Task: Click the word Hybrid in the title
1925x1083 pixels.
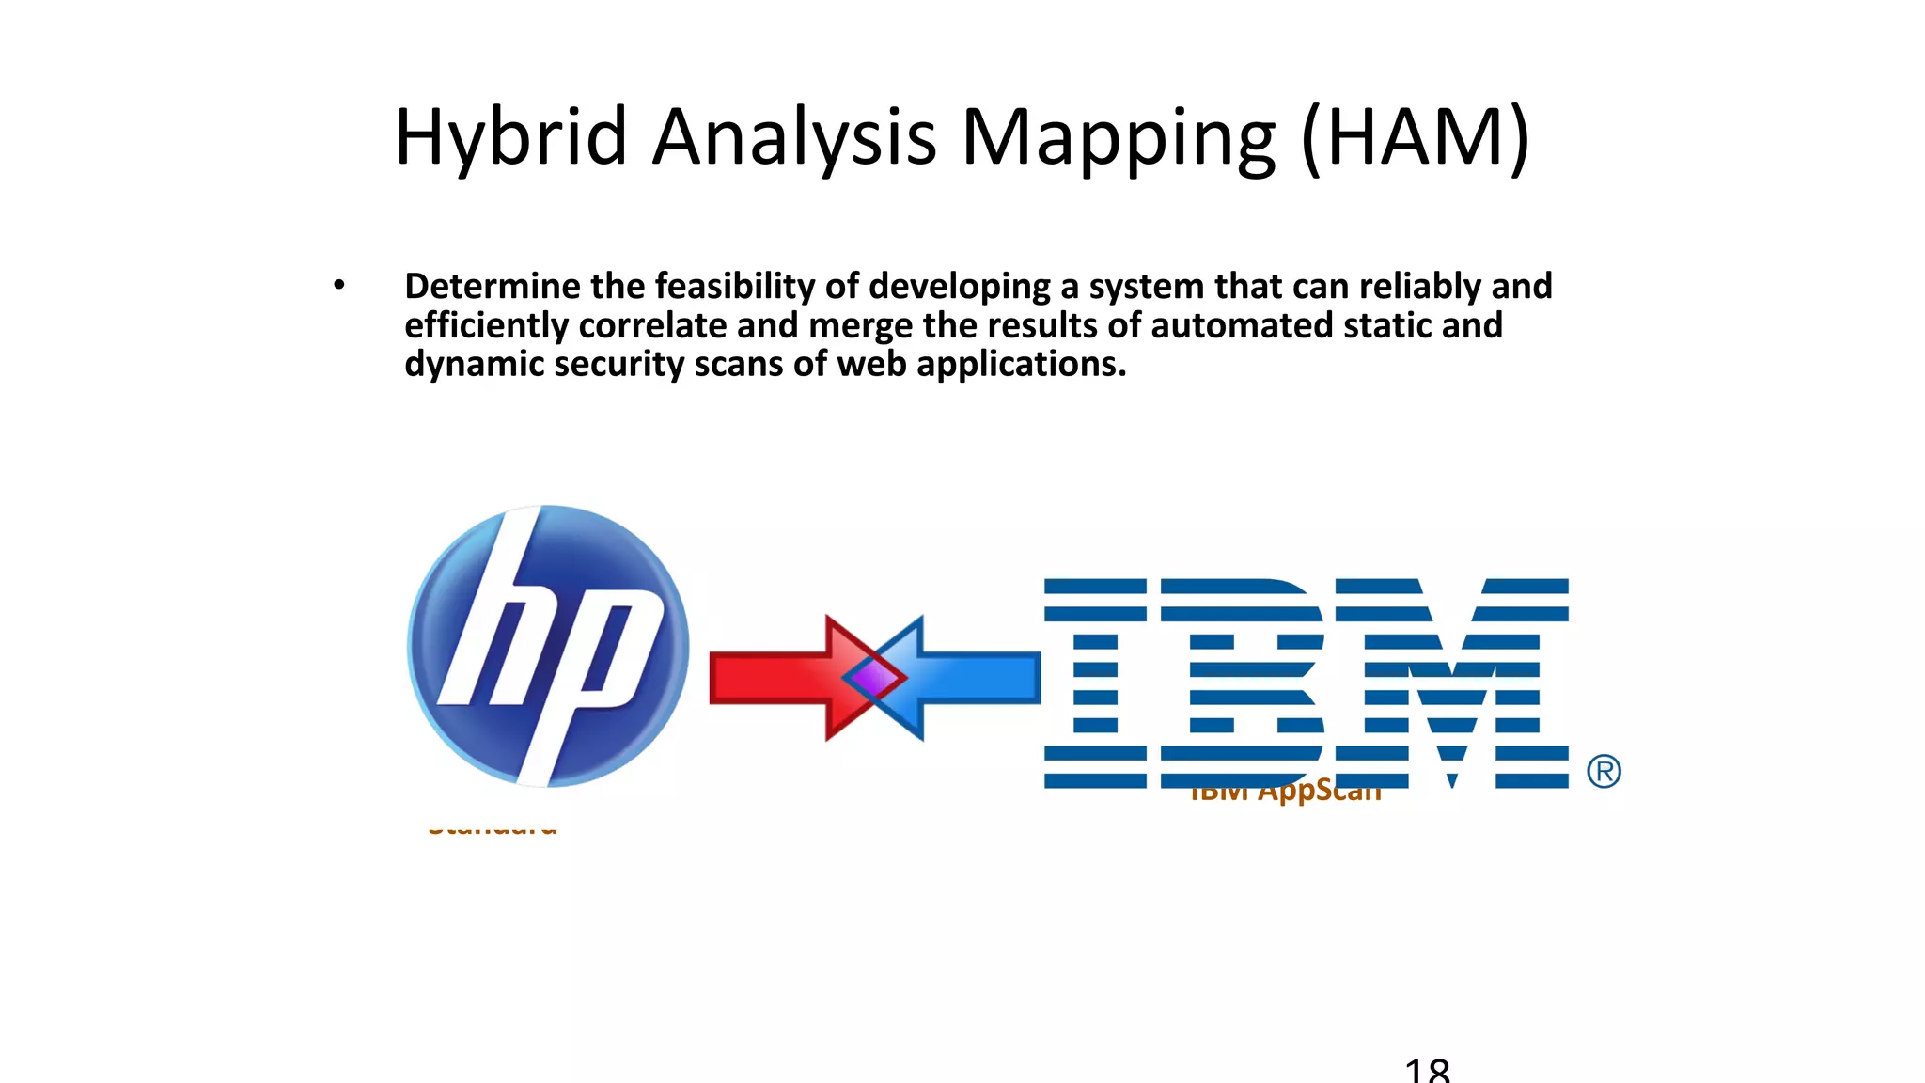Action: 510,138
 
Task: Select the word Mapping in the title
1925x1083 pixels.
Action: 1119,138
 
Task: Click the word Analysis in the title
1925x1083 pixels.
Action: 794,138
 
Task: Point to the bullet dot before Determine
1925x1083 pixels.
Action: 339,285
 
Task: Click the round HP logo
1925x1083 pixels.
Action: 548,646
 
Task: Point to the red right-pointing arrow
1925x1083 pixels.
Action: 771,678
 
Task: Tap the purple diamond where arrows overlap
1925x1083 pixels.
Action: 874,678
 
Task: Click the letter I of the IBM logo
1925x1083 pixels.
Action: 1095,683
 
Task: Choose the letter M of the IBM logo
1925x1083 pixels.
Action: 1452,683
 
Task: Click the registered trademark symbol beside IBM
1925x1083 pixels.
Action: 1604,772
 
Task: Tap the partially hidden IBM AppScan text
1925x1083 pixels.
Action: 1285,794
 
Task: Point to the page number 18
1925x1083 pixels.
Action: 1427,1070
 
